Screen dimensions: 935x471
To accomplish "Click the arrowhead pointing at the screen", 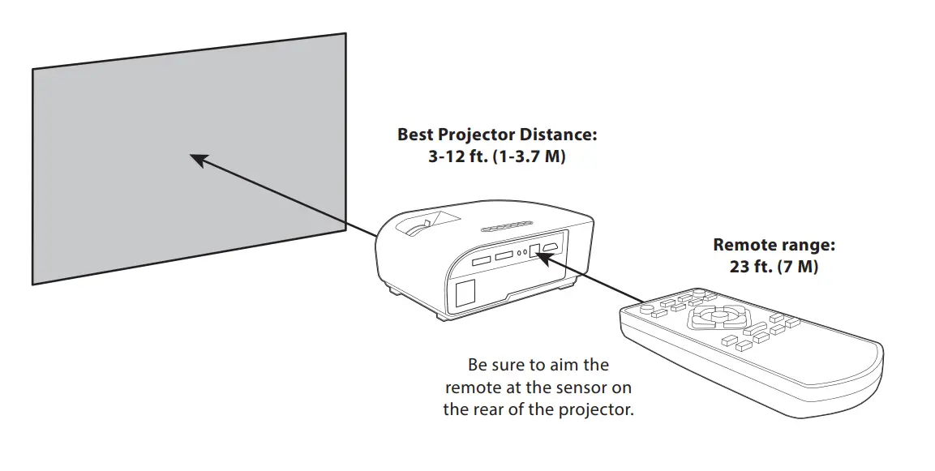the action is [197, 159].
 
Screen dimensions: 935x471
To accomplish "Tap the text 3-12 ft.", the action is [457, 156].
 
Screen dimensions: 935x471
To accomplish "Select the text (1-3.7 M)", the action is [529, 156].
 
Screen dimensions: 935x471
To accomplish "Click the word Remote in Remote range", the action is [746, 245].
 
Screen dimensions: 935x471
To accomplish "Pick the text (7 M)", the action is [796, 266].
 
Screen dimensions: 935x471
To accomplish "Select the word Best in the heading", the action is [415, 135].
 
